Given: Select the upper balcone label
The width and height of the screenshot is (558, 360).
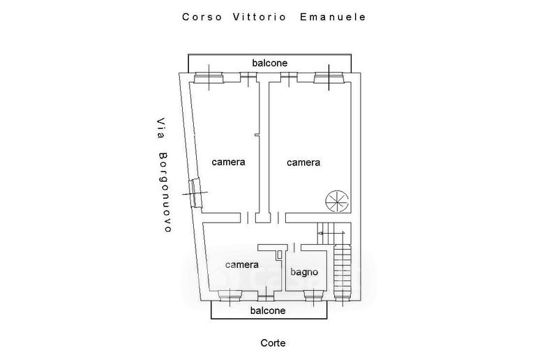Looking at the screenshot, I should point(270,63).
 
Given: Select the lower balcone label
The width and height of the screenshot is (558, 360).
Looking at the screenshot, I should point(267,311).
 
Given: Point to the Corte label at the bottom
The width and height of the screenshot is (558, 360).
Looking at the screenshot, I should point(273,343).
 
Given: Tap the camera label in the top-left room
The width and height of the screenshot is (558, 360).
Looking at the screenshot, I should point(229,162).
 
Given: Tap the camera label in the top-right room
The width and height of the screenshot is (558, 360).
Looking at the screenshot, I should point(303,163).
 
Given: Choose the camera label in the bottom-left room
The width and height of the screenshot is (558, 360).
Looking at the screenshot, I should point(242,265).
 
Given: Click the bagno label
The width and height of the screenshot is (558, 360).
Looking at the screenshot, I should point(305,272).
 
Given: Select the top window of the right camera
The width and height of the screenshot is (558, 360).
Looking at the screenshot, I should point(328,78).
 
